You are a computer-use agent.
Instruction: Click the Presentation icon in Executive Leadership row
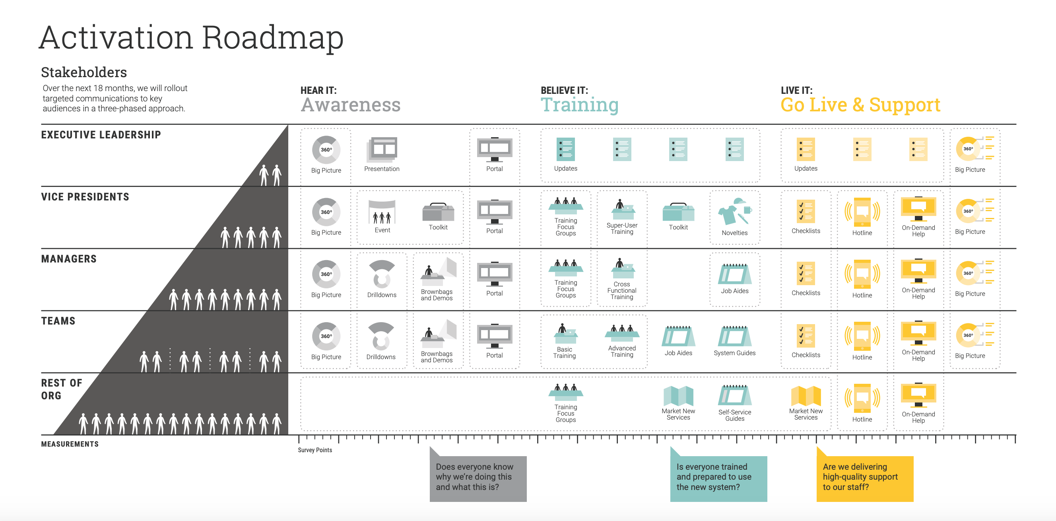(x=382, y=150)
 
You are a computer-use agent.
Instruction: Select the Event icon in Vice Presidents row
(x=382, y=212)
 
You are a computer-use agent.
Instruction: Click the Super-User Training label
(x=622, y=228)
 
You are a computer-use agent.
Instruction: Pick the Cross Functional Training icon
(x=622, y=268)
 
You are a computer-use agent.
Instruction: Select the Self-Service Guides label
(x=734, y=415)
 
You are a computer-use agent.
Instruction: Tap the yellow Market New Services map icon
(x=806, y=396)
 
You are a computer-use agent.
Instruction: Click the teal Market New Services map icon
(x=678, y=396)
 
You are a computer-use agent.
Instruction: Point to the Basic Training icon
(x=565, y=333)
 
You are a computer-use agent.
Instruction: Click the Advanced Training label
(x=622, y=351)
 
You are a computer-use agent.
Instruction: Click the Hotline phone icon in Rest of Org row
(x=862, y=399)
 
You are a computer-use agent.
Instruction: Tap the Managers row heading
(x=69, y=259)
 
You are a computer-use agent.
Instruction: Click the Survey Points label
(x=315, y=450)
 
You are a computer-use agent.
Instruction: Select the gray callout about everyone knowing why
(x=478, y=478)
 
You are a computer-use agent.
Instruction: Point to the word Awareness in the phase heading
(x=351, y=105)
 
